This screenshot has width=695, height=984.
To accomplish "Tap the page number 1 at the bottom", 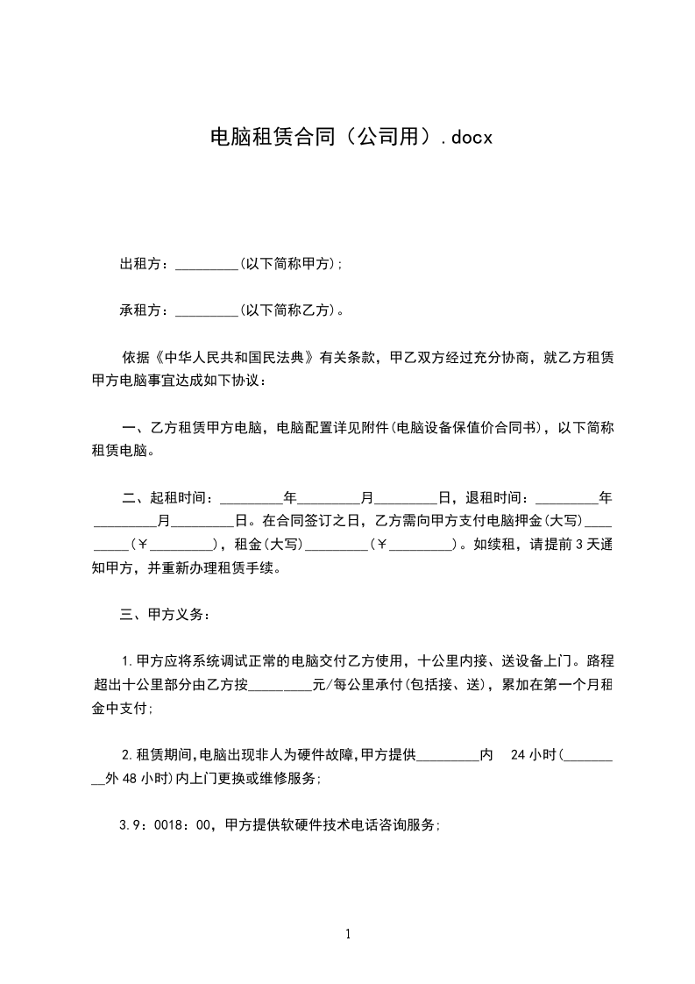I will point(348,934).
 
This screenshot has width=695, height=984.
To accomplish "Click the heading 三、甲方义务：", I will point(165,614).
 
